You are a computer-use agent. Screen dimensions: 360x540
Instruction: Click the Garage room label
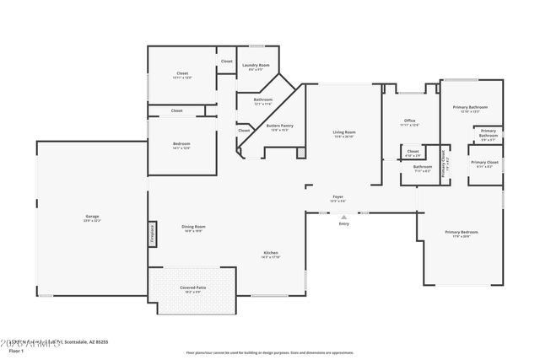click(x=92, y=217)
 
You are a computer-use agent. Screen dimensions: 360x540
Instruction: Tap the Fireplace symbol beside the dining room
click(x=153, y=234)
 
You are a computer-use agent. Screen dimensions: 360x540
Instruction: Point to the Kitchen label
click(x=271, y=253)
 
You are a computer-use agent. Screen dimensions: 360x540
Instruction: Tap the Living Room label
click(x=343, y=132)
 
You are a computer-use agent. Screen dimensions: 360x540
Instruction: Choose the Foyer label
click(x=337, y=198)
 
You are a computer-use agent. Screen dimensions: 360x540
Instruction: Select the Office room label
click(x=409, y=121)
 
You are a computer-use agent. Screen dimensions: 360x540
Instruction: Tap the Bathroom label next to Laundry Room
click(x=263, y=99)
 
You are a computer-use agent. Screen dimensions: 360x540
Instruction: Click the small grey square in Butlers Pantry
click(x=300, y=151)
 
